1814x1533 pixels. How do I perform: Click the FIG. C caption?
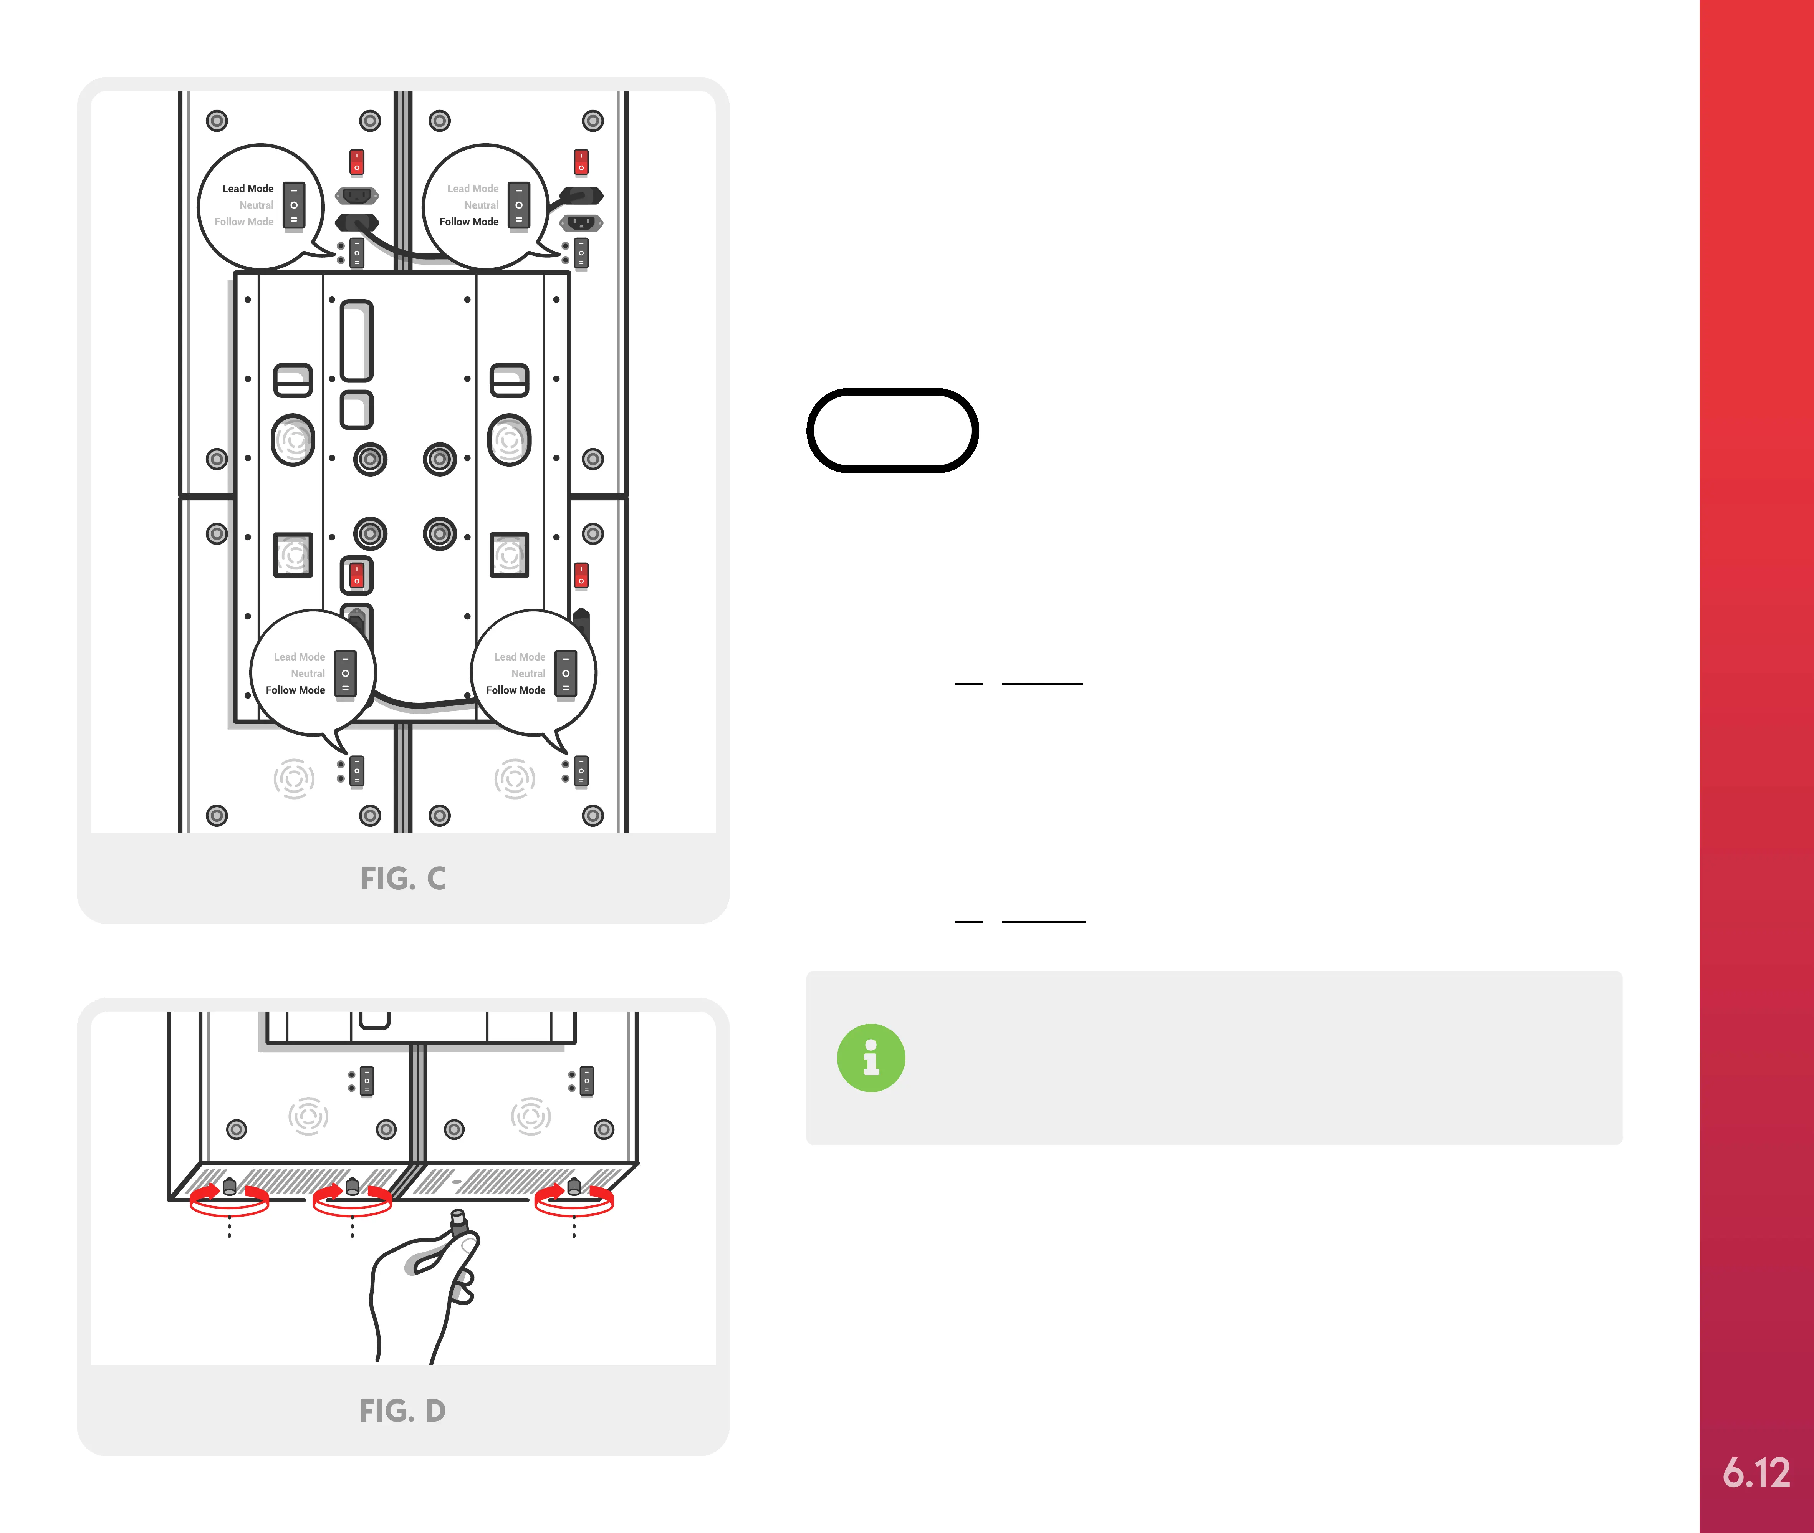403,879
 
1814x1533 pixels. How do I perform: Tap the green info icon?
871,1058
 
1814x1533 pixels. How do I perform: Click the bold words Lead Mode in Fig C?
248,189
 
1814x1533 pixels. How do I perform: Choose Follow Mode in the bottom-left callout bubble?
295,690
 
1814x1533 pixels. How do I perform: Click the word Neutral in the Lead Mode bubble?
256,205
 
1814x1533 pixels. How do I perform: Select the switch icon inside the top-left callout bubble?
295,205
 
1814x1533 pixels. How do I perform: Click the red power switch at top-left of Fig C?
356,162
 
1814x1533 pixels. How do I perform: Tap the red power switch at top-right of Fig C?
581,162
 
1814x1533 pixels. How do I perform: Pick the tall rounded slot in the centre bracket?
356,341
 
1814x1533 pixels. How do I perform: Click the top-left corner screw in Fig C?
217,121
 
